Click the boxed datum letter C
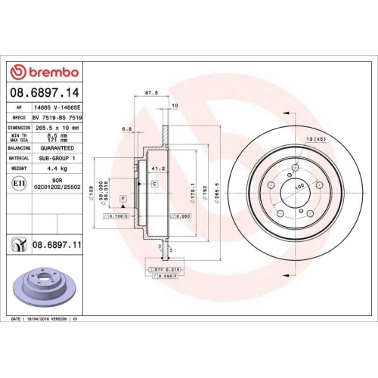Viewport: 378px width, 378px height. pyautogui.click(x=154, y=183)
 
